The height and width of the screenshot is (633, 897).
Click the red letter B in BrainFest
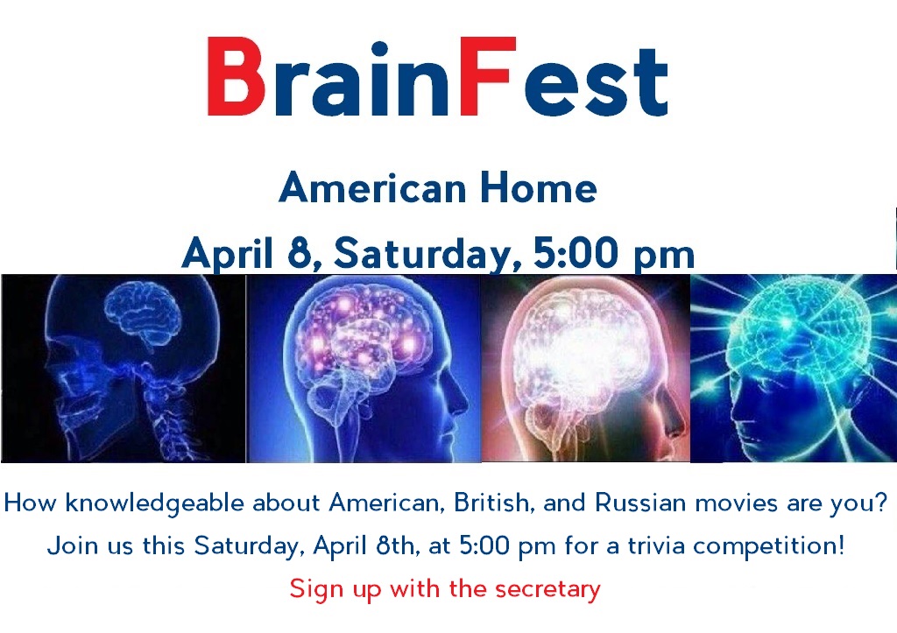click(x=236, y=77)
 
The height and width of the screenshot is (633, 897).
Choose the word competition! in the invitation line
click(x=768, y=546)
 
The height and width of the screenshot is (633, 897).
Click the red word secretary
click(x=547, y=589)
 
